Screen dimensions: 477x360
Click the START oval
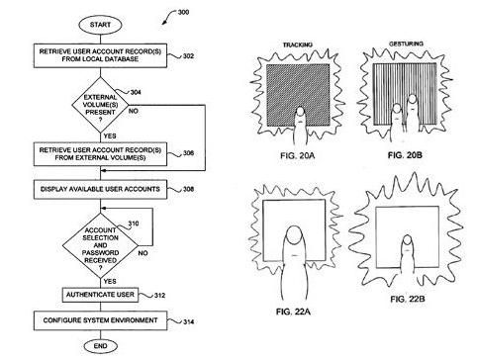tap(100, 25)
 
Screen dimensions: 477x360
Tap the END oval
tap(100, 346)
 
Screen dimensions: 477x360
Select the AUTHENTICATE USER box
tap(100, 295)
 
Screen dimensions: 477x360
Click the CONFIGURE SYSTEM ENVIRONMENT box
tap(100, 320)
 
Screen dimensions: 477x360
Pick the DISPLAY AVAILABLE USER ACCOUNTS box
tap(100, 189)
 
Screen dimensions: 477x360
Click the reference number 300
tap(183, 12)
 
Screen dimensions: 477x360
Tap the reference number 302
tap(188, 56)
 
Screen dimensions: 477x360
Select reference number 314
tap(188, 321)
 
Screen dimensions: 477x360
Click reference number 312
tap(159, 295)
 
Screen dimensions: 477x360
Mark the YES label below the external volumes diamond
tap(110, 135)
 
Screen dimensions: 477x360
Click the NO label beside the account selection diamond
tap(143, 253)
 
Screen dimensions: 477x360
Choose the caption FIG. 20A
tap(298, 155)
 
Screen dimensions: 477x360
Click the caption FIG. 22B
tap(408, 299)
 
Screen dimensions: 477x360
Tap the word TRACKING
tap(298, 45)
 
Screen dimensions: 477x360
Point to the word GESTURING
tap(406, 44)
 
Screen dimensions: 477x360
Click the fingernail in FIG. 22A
tap(293, 235)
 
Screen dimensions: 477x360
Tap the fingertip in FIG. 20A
tap(300, 112)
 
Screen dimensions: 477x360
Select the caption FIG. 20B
tap(405, 155)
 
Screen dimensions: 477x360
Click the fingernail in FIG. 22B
tap(408, 240)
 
